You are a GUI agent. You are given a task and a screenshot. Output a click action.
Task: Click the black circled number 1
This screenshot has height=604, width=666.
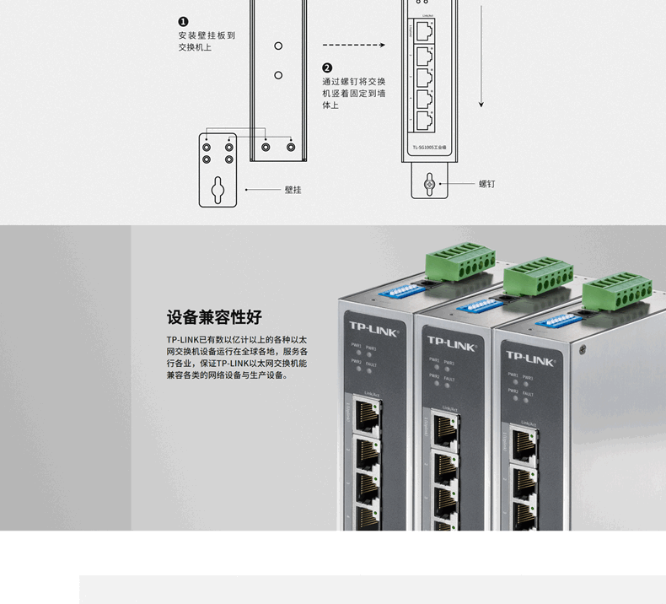pos(184,22)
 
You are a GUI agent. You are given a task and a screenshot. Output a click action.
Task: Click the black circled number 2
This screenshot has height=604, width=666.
pos(327,68)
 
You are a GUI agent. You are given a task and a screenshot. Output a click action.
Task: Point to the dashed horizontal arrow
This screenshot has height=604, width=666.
pos(353,46)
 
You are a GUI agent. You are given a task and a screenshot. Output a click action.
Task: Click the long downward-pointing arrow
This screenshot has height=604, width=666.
pos(481,55)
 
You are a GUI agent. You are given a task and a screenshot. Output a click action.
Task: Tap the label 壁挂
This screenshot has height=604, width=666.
pos(293,190)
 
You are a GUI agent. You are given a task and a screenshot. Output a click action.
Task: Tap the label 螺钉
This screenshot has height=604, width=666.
pos(487,183)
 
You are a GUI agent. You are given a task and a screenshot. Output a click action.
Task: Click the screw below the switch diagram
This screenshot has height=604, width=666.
pos(428,183)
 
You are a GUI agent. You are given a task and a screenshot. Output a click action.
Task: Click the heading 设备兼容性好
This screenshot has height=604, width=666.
pos(214,317)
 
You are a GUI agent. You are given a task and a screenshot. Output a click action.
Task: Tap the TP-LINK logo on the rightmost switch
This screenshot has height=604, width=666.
pos(529,359)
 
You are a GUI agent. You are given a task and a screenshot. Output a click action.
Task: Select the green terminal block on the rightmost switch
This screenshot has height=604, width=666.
pos(616,293)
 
